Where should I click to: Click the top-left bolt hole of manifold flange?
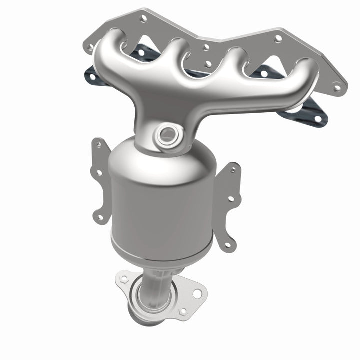coord(144,18)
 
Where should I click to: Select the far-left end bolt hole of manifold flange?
coord(91,48)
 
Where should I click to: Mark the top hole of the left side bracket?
coord(98,144)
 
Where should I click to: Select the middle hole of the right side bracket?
coord(230,198)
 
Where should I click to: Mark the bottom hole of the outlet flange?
coord(183,311)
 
